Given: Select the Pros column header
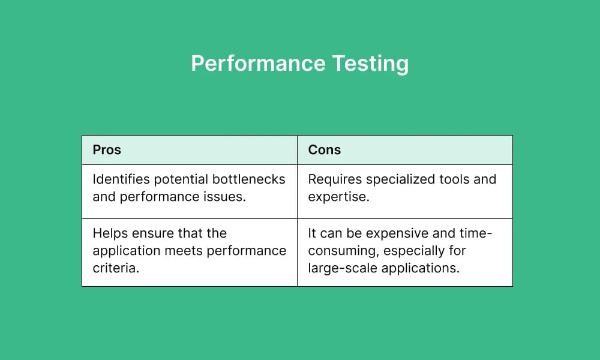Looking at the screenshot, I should (107, 150).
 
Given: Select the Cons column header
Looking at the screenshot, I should (324, 150).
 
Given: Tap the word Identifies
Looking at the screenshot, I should (119, 179).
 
